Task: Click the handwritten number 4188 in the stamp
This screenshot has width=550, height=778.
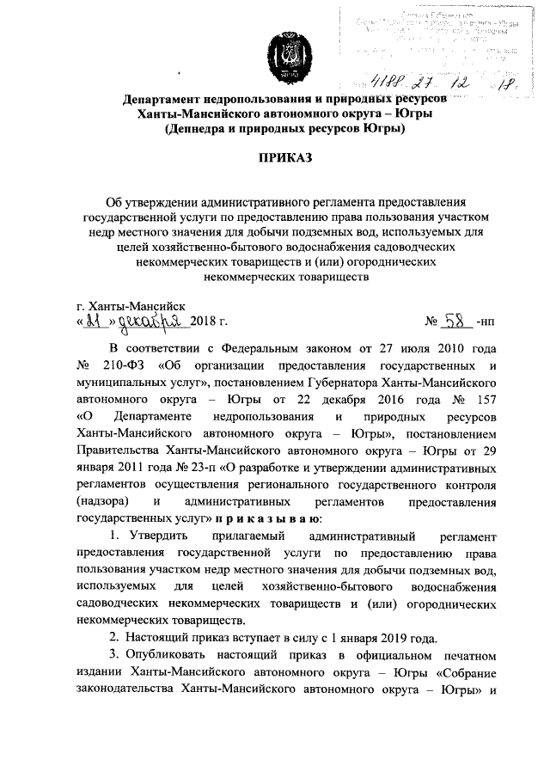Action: click(388, 83)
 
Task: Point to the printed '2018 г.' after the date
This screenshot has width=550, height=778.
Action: click(209, 322)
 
